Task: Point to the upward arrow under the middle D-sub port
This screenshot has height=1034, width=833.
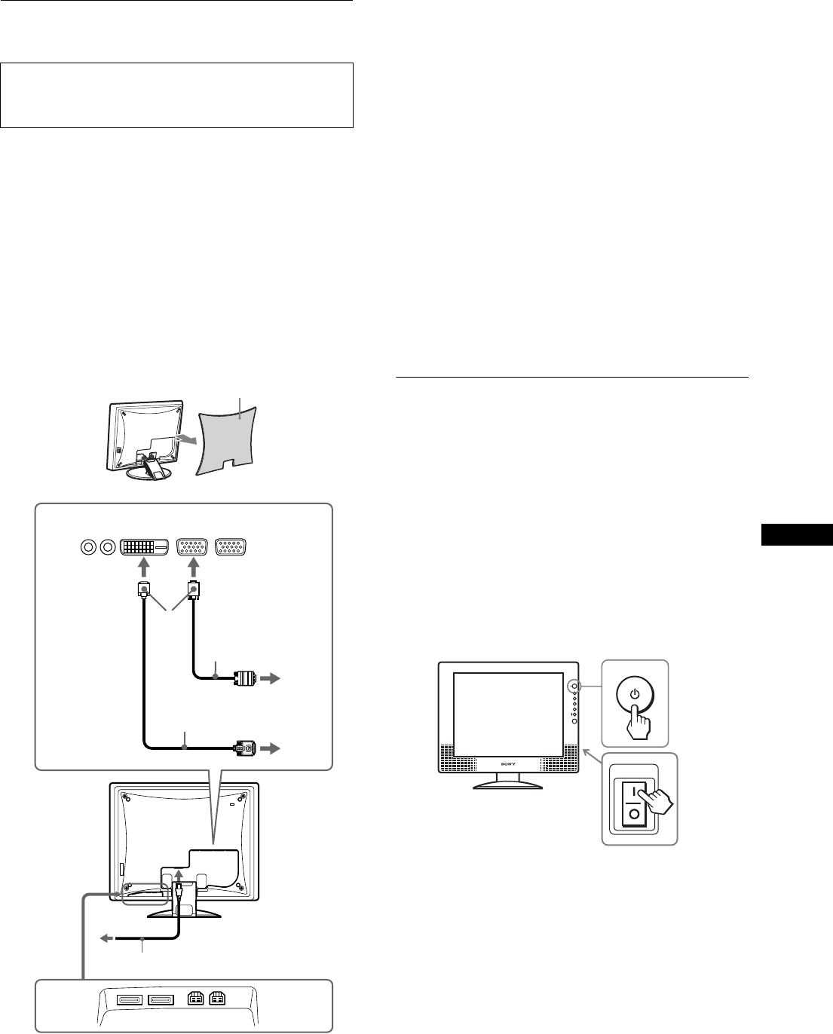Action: point(194,572)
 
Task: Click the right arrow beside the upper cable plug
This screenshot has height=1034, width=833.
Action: point(271,679)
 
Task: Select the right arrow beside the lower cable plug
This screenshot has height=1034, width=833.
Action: point(271,749)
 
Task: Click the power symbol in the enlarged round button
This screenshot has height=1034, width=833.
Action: point(635,693)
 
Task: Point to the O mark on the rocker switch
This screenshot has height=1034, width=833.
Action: point(635,815)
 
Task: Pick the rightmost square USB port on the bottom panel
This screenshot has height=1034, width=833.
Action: point(216,1000)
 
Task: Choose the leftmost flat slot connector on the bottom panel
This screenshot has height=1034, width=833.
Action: point(129,1000)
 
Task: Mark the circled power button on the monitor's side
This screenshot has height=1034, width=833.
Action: point(574,687)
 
